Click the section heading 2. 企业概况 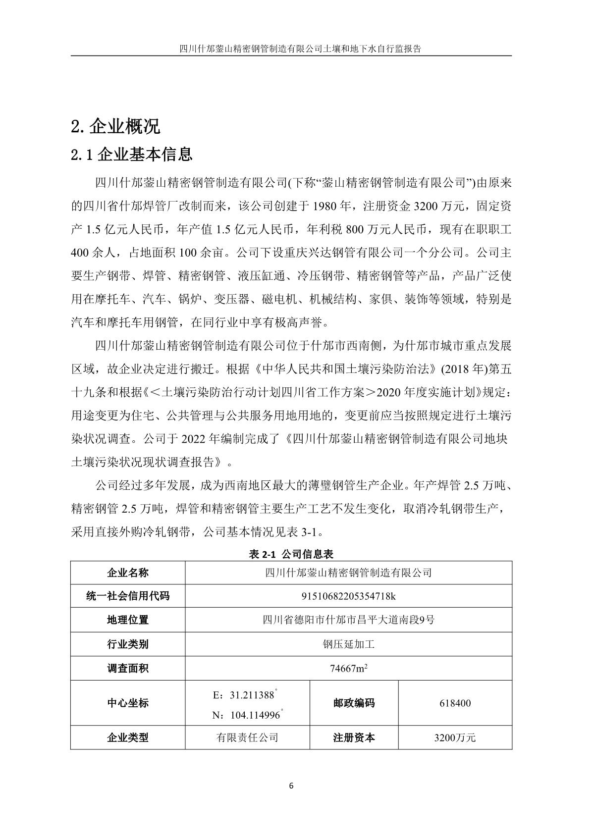(x=115, y=127)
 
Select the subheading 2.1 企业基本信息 (x=131, y=155)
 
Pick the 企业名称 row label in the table (x=127, y=573)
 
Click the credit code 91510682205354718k (x=348, y=596)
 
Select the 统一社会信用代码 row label (x=127, y=596)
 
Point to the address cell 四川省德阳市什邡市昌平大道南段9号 (x=348, y=620)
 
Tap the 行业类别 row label (x=127, y=644)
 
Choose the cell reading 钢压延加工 (x=348, y=644)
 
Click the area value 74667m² (x=348, y=669)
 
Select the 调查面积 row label (x=127, y=669)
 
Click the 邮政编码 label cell (x=354, y=703)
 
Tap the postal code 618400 (x=455, y=703)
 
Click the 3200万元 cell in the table (x=455, y=737)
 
